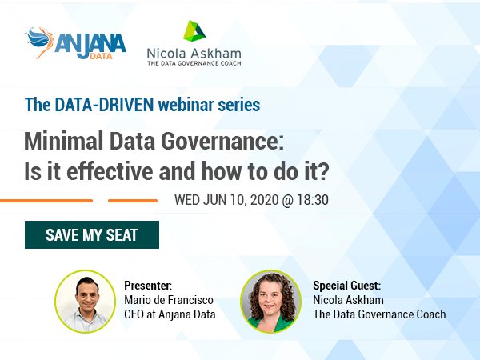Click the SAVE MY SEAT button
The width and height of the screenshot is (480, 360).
(x=92, y=234)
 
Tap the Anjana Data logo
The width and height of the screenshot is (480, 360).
(x=76, y=43)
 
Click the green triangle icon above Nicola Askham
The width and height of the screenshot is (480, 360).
(x=194, y=31)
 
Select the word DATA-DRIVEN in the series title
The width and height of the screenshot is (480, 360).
(x=104, y=105)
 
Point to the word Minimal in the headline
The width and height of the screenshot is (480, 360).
(x=64, y=141)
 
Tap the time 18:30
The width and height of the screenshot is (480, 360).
(x=313, y=200)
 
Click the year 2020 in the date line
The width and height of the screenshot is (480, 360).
(x=265, y=200)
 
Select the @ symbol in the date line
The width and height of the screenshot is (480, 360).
(x=288, y=201)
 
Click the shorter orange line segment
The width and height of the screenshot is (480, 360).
(x=133, y=201)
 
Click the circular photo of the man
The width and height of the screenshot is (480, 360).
(x=86, y=302)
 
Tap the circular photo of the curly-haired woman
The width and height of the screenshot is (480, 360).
(x=270, y=302)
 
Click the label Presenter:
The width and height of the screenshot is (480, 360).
(x=148, y=286)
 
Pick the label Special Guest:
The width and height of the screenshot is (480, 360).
(x=347, y=286)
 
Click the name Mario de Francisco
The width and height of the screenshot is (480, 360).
(x=169, y=300)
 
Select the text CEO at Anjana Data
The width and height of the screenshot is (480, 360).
(x=170, y=314)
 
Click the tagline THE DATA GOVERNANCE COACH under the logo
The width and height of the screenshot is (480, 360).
(x=194, y=63)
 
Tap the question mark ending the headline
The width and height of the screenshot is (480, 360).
(x=323, y=171)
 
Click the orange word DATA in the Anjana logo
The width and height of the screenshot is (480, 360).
(x=101, y=56)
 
